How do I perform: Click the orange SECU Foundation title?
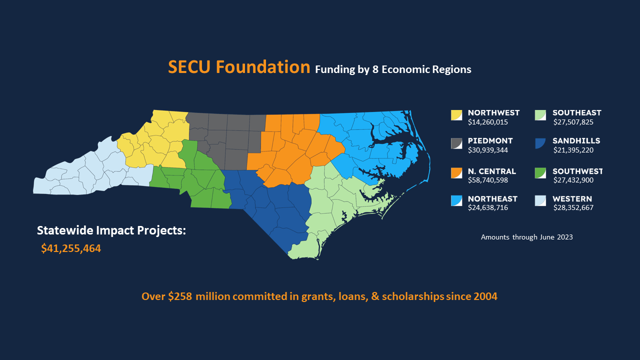(x=239, y=67)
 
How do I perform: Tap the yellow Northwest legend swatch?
(x=456, y=115)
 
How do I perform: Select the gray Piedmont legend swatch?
(x=456, y=143)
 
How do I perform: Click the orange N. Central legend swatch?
(x=456, y=172)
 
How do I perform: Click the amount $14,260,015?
(x=488, y=121)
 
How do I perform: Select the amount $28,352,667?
(x=573, y=207)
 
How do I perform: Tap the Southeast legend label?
(x=576, y=113)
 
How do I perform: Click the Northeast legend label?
(x=492, y=199)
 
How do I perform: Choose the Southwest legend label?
(x=577, y=171)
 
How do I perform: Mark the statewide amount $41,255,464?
(x=71, y=248)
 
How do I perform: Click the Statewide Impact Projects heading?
(x=111, y=231)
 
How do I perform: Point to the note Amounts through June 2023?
(x=526, y=237)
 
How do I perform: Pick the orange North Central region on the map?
(x=290, y=150)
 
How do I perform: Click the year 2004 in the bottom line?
(x=484, y=296)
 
